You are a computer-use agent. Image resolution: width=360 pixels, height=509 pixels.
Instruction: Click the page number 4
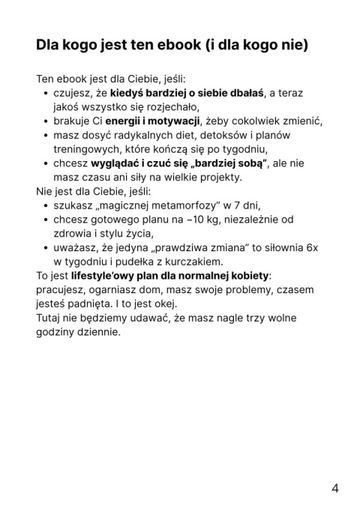(x=334, y=488)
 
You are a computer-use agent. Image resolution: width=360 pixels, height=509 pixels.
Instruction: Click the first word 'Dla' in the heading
(x=49, y=44)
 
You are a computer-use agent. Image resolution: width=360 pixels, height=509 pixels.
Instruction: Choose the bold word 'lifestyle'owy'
(x=102, y=276)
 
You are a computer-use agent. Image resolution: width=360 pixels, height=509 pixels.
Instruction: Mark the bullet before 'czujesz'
(x=45, y=94)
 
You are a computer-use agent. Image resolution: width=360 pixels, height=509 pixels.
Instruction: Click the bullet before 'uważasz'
(x=45, y=248)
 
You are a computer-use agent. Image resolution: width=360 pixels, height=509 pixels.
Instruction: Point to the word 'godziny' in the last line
(x=57, y=332)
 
